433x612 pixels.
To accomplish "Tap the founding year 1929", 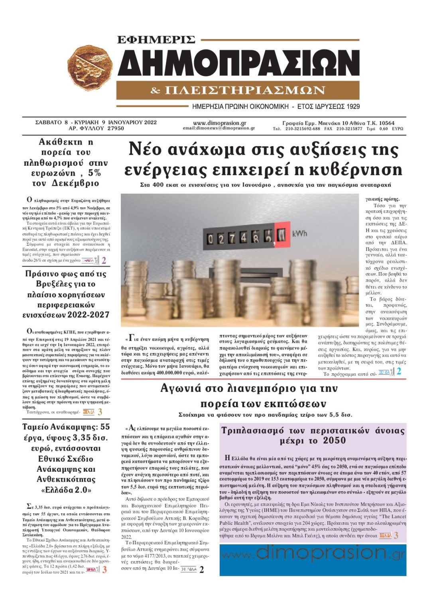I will [352, 107].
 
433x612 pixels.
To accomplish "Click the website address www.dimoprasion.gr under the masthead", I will [219, 123].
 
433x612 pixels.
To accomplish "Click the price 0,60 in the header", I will [383, 129].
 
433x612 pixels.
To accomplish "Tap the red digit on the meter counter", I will [281, 235].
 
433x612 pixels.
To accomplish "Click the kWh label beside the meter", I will [300, 233].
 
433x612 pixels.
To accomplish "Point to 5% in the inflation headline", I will [94, 173].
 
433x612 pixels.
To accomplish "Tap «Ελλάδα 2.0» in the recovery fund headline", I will [66, 490].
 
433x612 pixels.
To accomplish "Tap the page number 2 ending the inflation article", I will [104, 261].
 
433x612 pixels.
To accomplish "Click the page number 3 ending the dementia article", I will [396, 535].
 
